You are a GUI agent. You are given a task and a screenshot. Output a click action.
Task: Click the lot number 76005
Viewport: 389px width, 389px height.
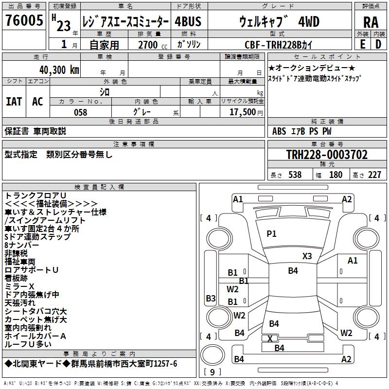pos(24,21)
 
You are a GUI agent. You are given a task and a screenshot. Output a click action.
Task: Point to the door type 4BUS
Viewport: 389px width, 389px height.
pos(188,22)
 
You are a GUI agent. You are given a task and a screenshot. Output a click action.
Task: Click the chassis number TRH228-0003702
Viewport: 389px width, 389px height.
pos(327,155)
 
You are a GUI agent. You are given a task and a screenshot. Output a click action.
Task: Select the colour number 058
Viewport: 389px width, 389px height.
pos(80,112)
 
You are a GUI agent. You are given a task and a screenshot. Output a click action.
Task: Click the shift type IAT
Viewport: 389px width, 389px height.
pos(14,102)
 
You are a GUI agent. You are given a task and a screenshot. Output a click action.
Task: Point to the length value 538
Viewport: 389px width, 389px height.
pos(294,175)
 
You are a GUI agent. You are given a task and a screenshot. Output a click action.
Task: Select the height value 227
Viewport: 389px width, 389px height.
pos(374,175)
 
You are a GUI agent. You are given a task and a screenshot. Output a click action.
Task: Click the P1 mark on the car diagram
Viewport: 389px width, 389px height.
pos(271,234)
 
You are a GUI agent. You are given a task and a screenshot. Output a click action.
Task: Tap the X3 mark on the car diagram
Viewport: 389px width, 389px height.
pos(307,256)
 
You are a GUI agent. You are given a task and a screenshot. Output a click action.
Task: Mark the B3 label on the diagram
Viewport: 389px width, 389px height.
pos(211,298)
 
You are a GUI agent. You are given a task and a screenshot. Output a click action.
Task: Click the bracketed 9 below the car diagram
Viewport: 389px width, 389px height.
pos(212,372)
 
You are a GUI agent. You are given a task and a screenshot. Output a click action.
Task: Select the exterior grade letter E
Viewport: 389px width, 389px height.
pos(362,44)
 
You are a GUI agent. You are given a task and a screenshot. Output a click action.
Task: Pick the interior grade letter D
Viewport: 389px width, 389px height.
pos(378,44)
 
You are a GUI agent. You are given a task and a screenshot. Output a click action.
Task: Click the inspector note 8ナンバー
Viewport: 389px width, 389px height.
pos(22,246)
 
